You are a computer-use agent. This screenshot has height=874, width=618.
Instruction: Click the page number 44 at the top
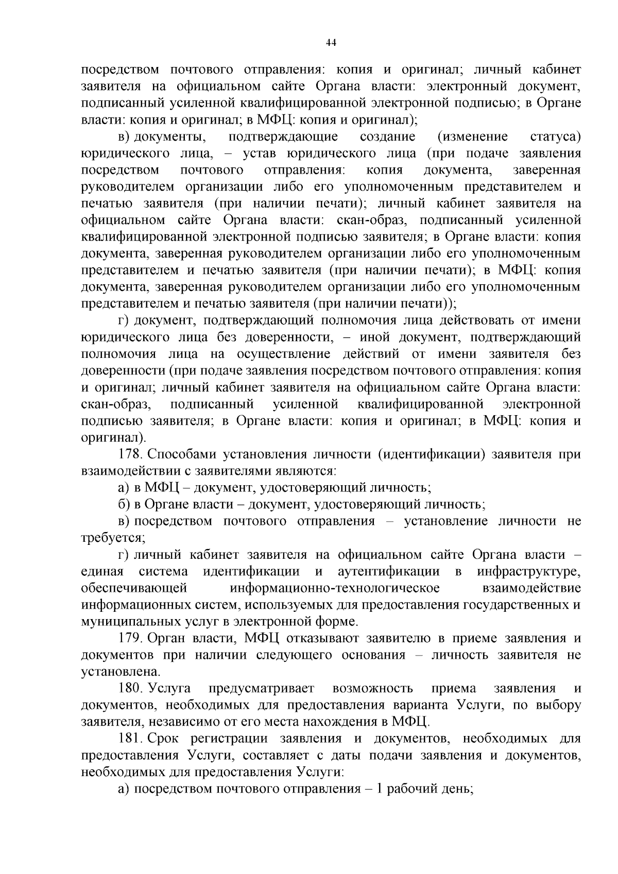point(331,44)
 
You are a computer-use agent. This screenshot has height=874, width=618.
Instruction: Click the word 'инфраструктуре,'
point(529,571)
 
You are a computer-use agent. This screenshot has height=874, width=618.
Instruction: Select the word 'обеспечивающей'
point(133,588)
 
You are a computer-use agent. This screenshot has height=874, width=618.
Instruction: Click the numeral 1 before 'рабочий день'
point(381,789)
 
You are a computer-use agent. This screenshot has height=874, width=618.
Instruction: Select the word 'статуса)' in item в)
point(555,137)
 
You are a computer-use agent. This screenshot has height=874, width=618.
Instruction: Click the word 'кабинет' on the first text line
point(556,70)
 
